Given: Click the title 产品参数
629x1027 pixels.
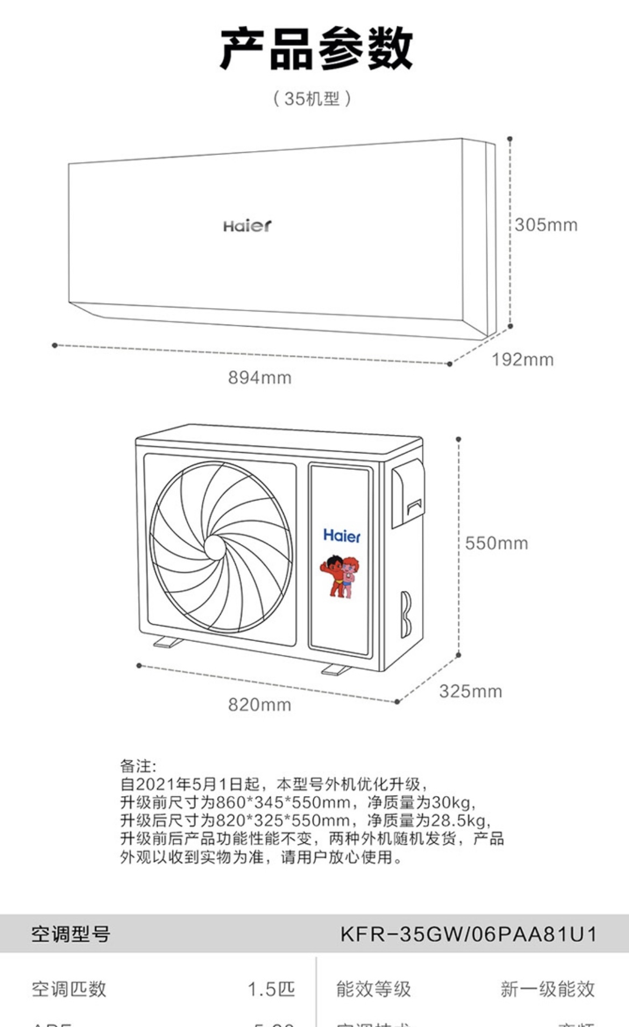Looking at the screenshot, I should (x=316, y=49).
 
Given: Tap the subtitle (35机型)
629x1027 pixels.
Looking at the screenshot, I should (x=312, y=99).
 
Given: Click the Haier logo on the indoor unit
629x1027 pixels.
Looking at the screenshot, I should (x=248, y=226).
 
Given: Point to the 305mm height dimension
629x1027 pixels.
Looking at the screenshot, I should (x=546, y=224).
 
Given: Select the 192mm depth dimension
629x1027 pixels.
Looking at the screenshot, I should (x=522, y=360).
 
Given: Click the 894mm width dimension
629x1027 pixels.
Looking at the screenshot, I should (x=259, y=377).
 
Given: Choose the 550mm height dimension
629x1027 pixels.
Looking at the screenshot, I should (x=496, y=543).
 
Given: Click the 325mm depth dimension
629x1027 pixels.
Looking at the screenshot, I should (x=470, y=691).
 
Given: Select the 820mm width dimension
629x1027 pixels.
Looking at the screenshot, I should (x=259, y=705).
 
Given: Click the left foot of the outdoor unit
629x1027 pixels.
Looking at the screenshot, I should (x=168, y=642).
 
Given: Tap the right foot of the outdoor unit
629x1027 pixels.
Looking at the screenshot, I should (x=336, y=670).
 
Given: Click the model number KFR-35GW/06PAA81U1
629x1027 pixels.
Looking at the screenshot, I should (x=468, y=934).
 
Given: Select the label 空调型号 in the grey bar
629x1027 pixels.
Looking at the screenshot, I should (x=70, y=934).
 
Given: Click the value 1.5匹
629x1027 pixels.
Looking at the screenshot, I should (x=271, y=989).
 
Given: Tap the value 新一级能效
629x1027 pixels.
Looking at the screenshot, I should (x=547, y=989).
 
